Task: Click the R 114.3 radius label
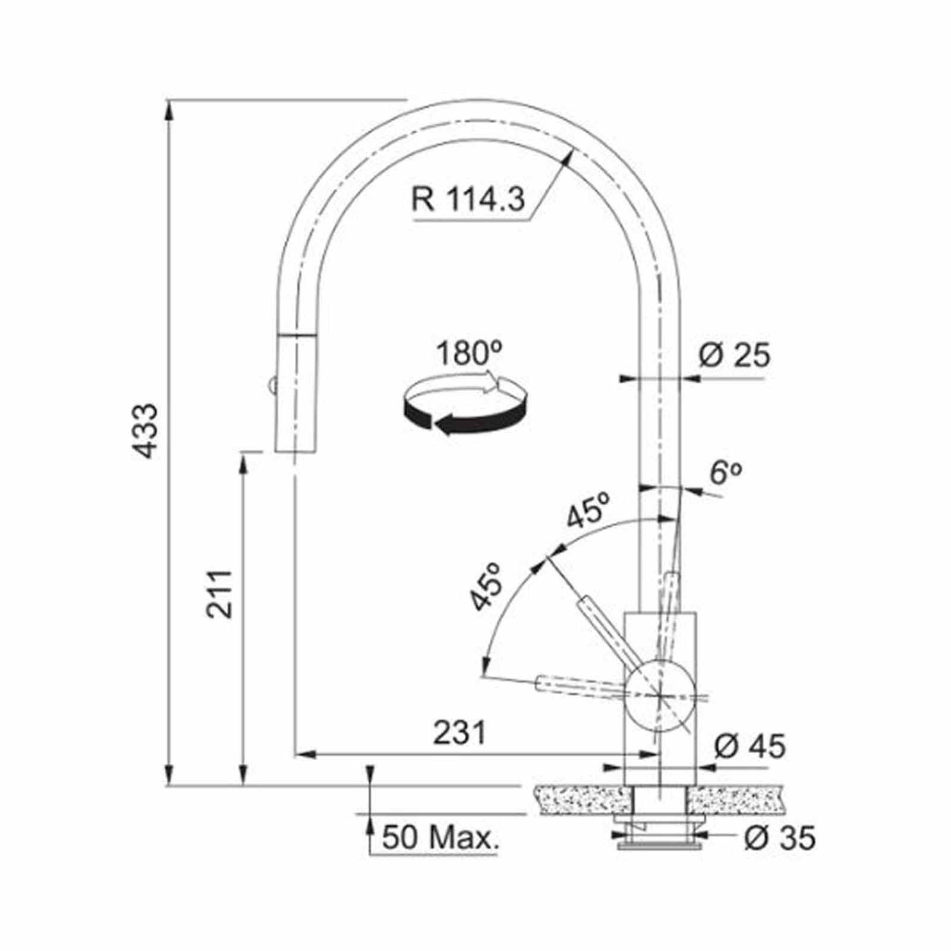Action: click(x=468, y=199)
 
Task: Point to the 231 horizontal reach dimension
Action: click(x=459, y=733)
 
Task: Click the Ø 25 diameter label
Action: click(x=734, y=356)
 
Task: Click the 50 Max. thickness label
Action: click(x=439, y=838)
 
